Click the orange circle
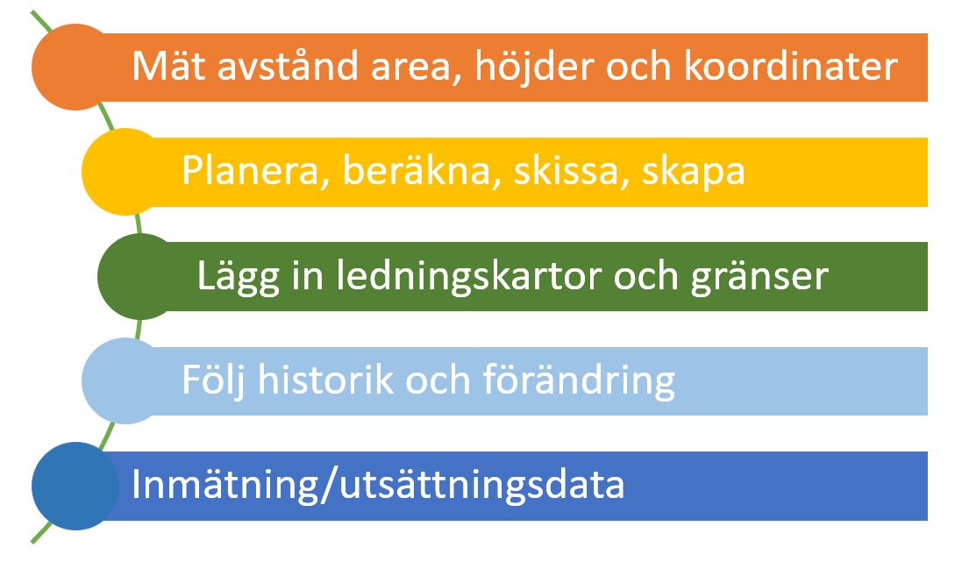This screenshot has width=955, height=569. (75, 67)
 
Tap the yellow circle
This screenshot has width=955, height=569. (125, 172)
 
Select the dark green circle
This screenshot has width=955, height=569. (140, 276)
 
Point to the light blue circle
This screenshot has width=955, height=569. (125, 381)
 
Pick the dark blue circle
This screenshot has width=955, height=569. (75, 486)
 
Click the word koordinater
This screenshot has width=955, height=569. (790, 66)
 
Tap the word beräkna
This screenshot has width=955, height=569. (417, 170)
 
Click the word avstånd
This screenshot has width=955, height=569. (289, 65)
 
